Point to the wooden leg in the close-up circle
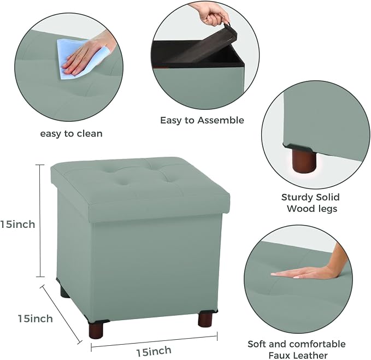[x=304, y=161]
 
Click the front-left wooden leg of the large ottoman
[x=96, y=329]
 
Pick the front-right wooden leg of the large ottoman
[x=205, y=320]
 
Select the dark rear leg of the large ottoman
[x=64, y=291]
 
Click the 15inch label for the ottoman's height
[x=17, y=224]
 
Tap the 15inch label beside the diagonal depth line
[x=36, y=318]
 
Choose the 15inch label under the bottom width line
[x=154, y=351]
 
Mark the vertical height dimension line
[x=40, y=221]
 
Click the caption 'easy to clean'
[x=71, y=134]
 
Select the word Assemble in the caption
[x=221, y=120]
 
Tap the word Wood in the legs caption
[x=299, y=209]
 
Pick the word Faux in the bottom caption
[x=279, y=355]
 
